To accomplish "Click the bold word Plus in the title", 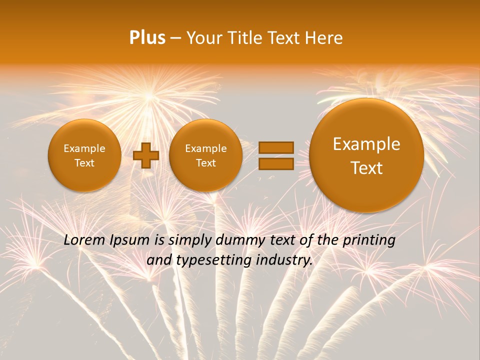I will coord(147,38).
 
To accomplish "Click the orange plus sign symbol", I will coord(146,155).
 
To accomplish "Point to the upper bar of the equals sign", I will coord(276,147).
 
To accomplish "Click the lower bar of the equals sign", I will coord(276,163).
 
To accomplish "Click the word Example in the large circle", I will coord(366,144).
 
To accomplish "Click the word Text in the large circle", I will coord(366,168).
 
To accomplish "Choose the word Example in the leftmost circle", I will coord(84,148).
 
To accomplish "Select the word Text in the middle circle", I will coord(205,163).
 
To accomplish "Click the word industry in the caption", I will coord(284,260).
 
